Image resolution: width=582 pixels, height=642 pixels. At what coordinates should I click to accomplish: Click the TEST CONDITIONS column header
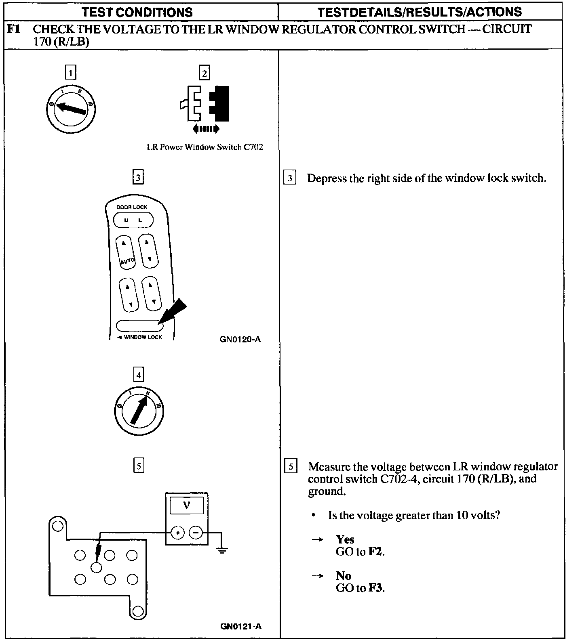pos(137,12)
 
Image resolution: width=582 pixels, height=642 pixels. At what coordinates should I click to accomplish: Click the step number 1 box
pos(71,73)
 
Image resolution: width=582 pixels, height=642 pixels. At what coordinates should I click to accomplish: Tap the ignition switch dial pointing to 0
pos(71,108)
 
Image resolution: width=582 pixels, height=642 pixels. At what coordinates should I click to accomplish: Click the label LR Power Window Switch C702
pos(205,147)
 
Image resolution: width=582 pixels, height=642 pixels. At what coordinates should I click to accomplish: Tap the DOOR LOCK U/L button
pos(133,220)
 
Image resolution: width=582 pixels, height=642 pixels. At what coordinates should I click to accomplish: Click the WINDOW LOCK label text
pos(142,337)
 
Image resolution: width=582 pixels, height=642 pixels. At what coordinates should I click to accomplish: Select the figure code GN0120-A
pos(240,339)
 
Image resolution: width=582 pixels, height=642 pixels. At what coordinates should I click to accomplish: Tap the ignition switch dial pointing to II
pos(139,411)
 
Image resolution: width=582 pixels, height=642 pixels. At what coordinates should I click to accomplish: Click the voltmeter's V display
pos(186,506)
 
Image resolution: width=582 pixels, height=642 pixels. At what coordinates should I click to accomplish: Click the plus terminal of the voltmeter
pos(177,533)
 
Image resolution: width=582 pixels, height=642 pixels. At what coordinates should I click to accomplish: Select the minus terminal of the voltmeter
pos(196,533)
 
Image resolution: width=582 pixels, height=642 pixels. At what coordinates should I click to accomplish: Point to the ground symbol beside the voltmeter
pos(222,550)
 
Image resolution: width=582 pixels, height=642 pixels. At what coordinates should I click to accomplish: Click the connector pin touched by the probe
pos(96,567)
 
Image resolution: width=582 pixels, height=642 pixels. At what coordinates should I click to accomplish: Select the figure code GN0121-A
pos(241,626)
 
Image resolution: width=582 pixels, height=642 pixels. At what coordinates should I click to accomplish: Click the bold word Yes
pos(345,539)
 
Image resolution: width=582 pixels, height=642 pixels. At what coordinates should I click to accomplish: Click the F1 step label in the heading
pos(14,29)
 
